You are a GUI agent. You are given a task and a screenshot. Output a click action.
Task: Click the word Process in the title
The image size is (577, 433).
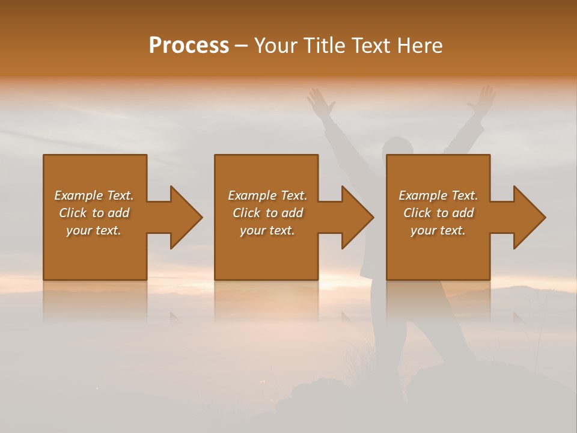tap(189, 46)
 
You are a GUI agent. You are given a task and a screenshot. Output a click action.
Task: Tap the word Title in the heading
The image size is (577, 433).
tap(325, 46)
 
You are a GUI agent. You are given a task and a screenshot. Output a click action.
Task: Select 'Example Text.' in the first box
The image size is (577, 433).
tap(94, 195)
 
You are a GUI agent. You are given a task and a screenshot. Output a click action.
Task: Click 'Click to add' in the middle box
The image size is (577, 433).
tap(267, 213)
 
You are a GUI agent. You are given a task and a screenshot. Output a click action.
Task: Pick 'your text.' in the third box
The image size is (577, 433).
tap(438, 230)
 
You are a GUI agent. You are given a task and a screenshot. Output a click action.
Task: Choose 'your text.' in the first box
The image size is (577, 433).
tap(94, 230)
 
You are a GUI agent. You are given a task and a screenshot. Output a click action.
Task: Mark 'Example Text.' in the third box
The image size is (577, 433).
tap(438, 195)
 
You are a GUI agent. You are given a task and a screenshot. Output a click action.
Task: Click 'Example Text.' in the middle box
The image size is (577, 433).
tap(267, 195)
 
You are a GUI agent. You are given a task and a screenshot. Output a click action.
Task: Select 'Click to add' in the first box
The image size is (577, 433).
tap(94, 213)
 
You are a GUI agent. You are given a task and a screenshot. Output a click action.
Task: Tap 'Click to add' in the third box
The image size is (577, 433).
tap(438, 213)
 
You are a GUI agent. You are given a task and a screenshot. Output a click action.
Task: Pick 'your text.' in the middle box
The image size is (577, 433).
tap(267, 230)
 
